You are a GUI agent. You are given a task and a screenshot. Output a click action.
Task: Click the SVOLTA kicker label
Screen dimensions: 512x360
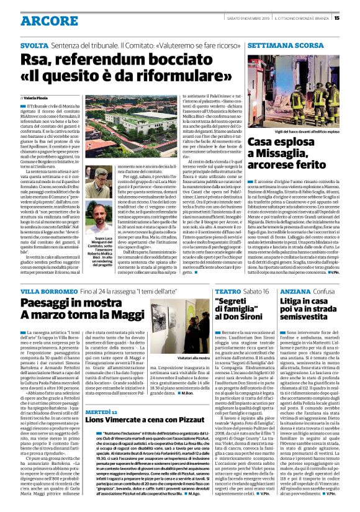click(32, 46)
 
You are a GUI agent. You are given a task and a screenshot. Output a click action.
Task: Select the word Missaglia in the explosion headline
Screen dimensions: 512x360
click(275, 158)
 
